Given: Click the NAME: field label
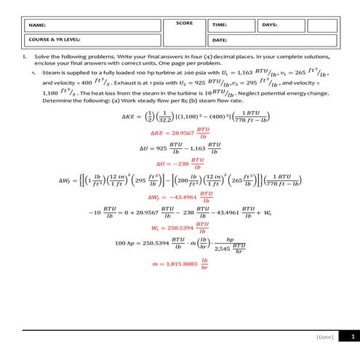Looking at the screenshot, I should click(36, 25).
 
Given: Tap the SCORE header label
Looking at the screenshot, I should click(185, 23).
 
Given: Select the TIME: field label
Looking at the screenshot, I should click(220, 25).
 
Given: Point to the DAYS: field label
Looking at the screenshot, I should click(270, 25).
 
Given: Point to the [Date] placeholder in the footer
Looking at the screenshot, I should click(325, 337).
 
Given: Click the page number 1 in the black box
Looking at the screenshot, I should click(353, 337).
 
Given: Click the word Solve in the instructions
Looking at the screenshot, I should click(41, 56).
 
